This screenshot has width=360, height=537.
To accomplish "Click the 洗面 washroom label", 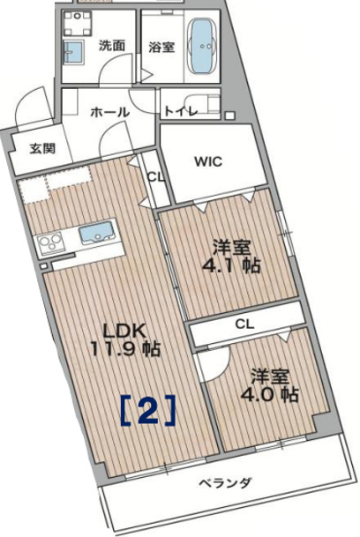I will point(111,44).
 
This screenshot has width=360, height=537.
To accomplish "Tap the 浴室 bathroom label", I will point(160,47).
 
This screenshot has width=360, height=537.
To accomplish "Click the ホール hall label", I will point(110,112).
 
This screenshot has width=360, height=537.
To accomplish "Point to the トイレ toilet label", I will point(180,111).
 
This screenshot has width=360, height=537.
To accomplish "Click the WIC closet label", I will point(209,161).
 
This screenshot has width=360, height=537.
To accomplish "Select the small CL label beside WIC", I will point(155,176).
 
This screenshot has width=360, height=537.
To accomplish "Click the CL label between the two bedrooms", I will point(246,324).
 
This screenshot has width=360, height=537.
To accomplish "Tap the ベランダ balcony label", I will point(224,482).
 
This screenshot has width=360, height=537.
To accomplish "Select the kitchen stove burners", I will point(49,241).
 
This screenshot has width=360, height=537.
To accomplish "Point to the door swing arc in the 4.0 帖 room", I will point(207,362).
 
